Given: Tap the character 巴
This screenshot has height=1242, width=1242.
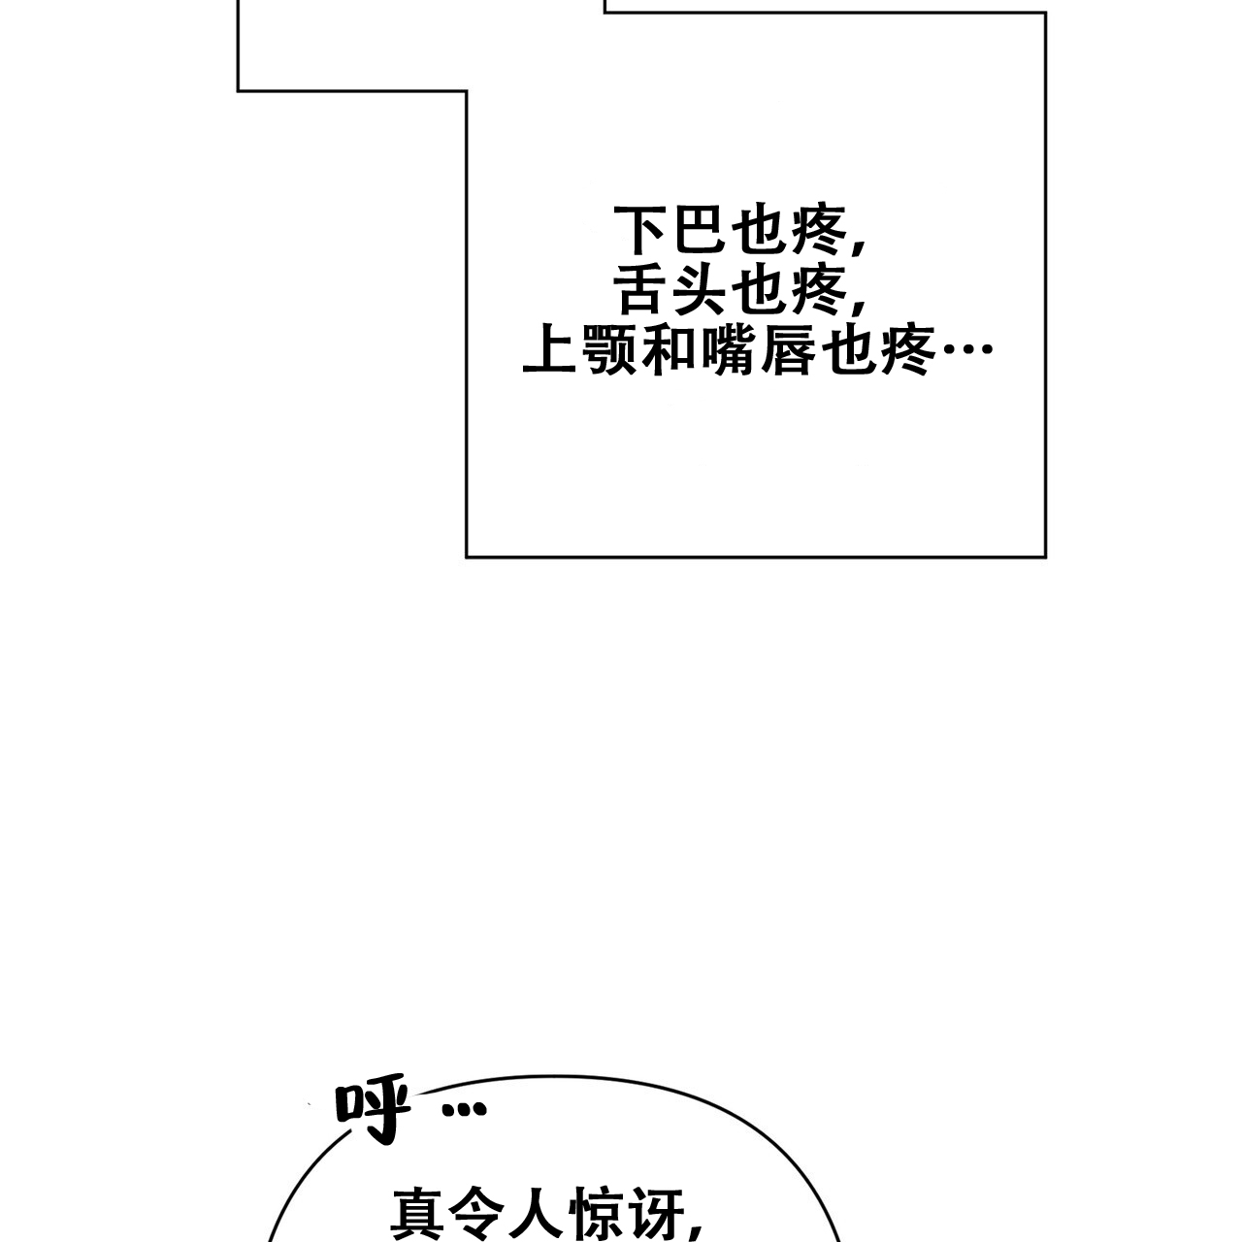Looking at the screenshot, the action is (700, 230).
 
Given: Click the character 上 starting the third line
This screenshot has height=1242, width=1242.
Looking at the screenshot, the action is (549, 351).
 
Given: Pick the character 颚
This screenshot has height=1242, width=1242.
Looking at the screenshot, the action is (609, 352).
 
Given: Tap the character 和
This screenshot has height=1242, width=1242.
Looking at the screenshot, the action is (669, 351).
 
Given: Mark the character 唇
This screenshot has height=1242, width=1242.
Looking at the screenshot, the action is (789, 352).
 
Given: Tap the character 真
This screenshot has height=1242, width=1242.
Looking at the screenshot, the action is (418, 1213).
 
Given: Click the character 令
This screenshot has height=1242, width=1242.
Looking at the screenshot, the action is (478, 1213).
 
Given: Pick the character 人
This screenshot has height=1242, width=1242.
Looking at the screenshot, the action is (539, 1213).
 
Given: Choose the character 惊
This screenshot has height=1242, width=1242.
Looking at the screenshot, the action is (598, 1213).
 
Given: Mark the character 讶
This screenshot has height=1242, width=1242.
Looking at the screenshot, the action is (658, 1213).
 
